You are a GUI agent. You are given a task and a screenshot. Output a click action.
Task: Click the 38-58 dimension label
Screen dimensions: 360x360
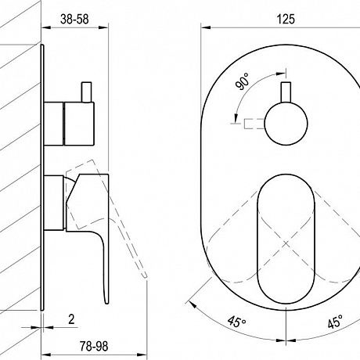click(x=74, y=20)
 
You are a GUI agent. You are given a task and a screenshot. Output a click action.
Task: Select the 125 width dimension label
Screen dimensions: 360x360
click(x=286, y=20)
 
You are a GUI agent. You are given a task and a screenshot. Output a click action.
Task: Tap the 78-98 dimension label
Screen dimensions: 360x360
click(x=94, y=347)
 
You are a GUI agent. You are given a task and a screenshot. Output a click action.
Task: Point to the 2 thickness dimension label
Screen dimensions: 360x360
click(x=71, y=319)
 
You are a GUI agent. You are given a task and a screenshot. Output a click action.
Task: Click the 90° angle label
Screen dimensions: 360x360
click(x=242, y=81)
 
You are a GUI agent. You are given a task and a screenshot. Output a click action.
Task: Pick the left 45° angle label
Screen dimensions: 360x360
click(x=236, y=321)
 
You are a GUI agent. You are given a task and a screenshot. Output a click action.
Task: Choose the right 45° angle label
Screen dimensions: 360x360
click(x=335, y=322)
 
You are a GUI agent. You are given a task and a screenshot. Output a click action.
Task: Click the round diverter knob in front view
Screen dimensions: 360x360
click(x=286, y=124)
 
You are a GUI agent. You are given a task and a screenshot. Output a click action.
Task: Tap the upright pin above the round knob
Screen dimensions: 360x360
click(x=286, y=92)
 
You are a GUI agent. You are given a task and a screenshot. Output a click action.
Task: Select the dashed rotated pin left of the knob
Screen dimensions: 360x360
click(x=254, y=124)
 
